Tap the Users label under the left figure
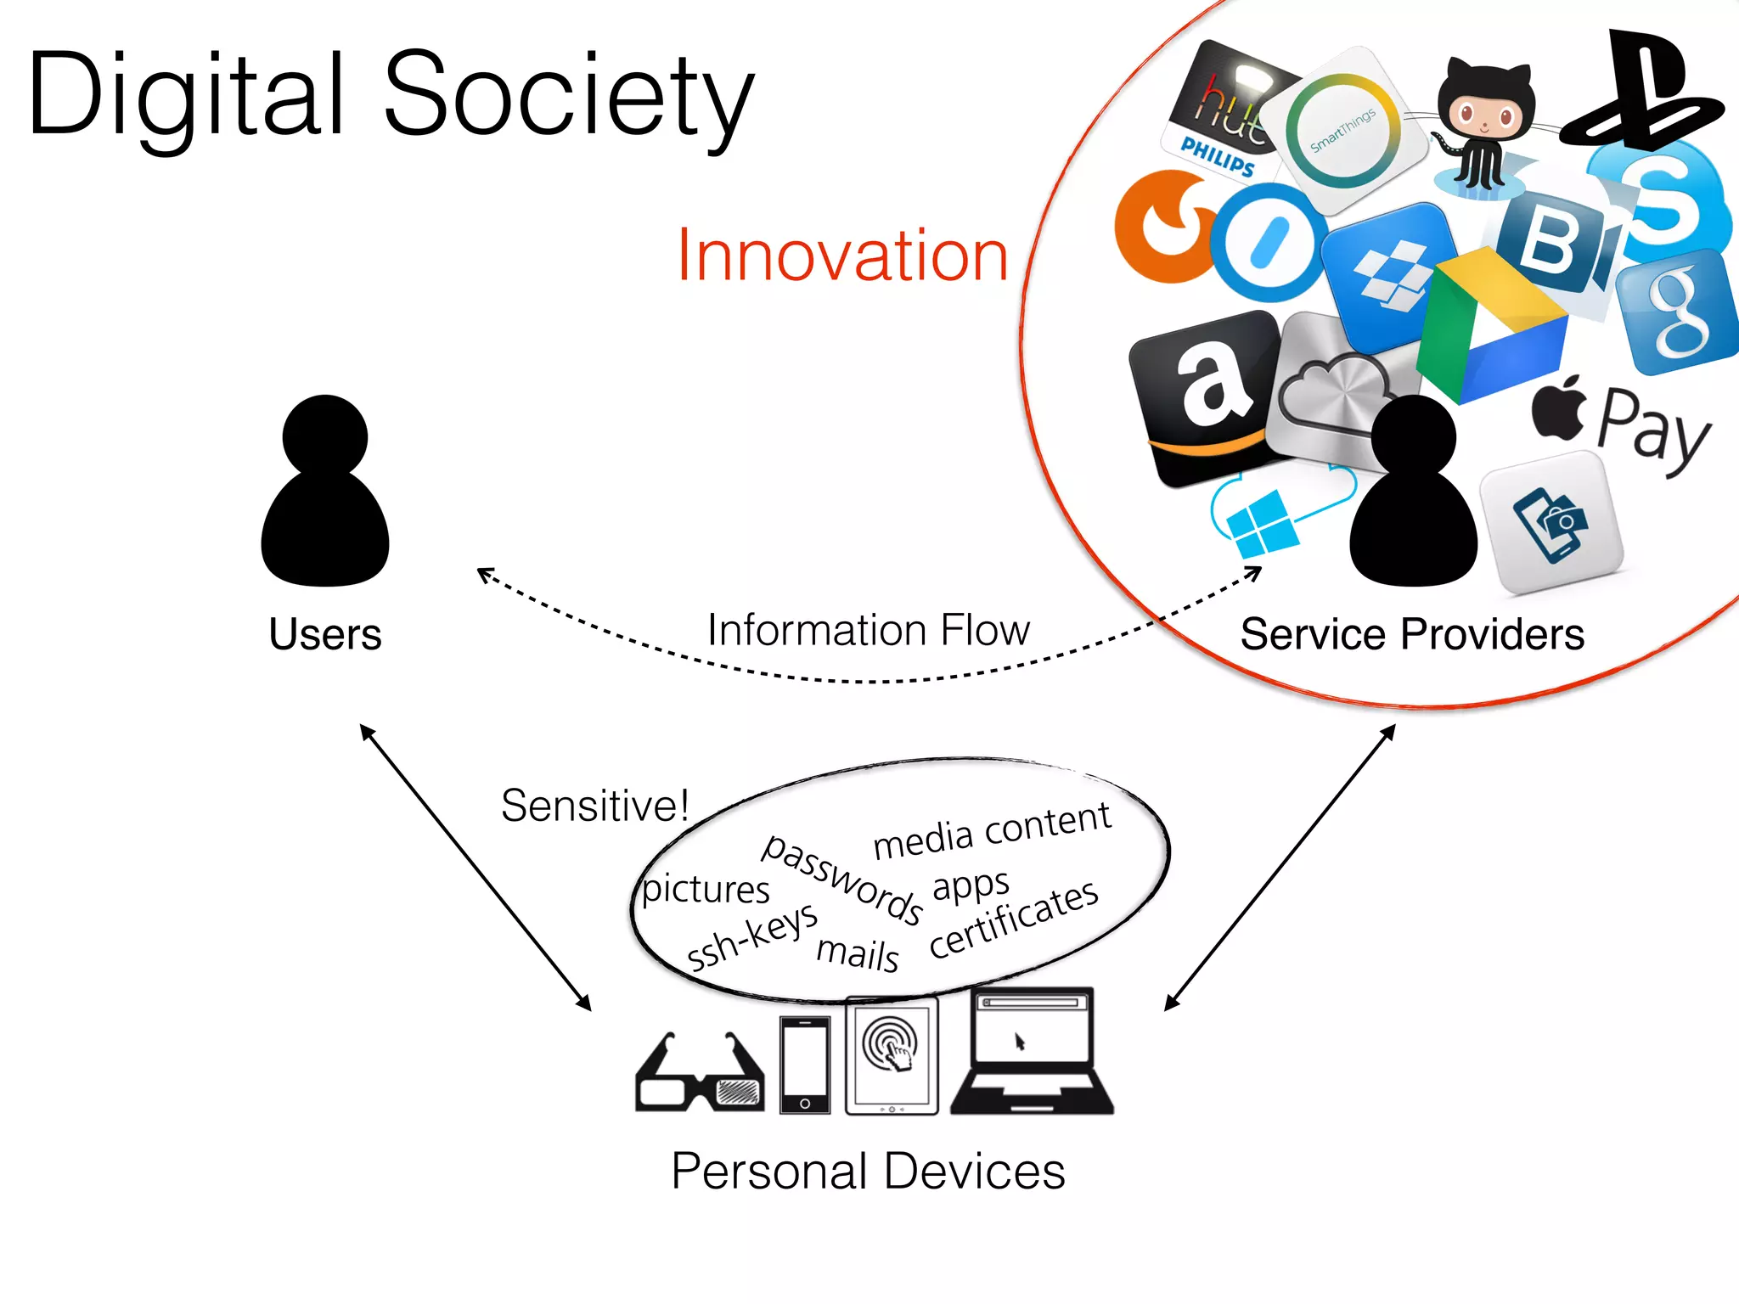(x=325, y=633)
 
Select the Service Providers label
(x=1412, y=633)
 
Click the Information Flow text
(x=868, y=630)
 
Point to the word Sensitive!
(x=594, y=805)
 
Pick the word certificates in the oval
(x=1014, y=919)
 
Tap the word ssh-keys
(x=751, y=936)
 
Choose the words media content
(x=992, y=830)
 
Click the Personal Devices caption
(x=868, y=1171)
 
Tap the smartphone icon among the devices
(x=805, y=1065)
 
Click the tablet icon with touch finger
(x=892, y=1054)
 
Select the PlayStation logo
(x=1643, y=89)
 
